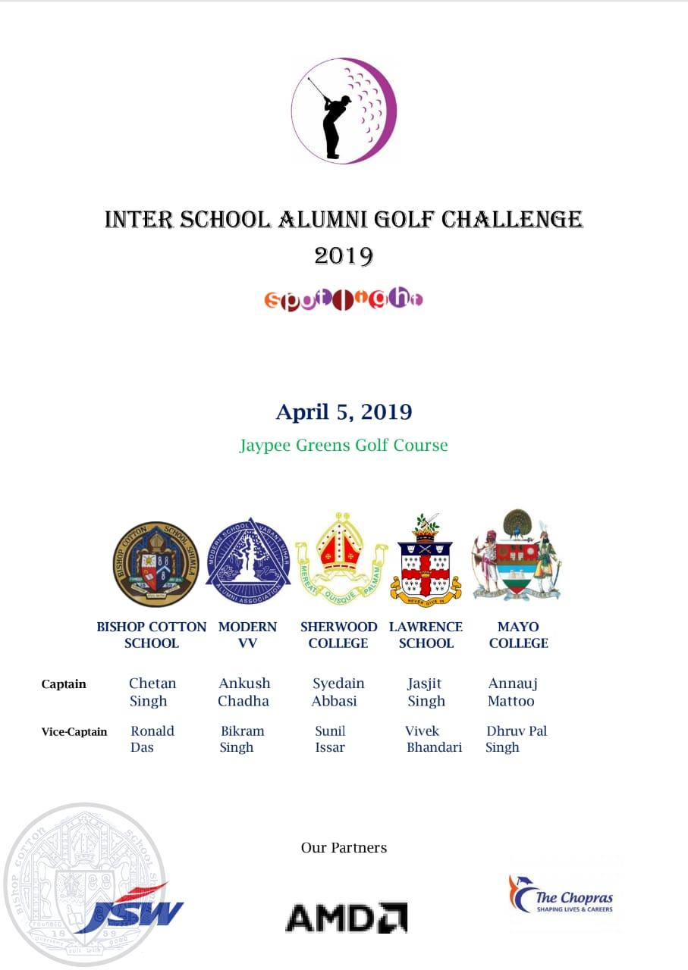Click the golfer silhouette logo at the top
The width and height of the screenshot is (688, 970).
[344, 111]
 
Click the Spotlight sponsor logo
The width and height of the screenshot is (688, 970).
[344, 300]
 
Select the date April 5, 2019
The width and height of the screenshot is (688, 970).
[344, 412]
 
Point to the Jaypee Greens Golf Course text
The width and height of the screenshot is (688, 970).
[344, 445]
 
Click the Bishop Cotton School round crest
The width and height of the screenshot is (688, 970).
[156, 564]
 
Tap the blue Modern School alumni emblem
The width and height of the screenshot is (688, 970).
[248, 562]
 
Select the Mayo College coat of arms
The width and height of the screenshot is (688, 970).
[518, 556]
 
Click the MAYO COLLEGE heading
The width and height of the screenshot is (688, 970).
[518, 635]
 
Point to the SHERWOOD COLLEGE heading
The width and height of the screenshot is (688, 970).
[338, 635]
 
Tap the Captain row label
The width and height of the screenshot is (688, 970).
[64, 684]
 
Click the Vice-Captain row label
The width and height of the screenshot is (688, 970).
[74, 732]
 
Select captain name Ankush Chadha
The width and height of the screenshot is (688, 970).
[244, 692]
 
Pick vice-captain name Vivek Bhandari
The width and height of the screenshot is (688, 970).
[433, 739]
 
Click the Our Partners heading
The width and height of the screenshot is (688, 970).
[344, 847]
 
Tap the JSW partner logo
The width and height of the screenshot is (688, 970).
[133, 908]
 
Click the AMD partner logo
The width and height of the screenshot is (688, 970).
[346, 917]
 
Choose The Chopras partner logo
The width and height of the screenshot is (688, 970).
[561, 894]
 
